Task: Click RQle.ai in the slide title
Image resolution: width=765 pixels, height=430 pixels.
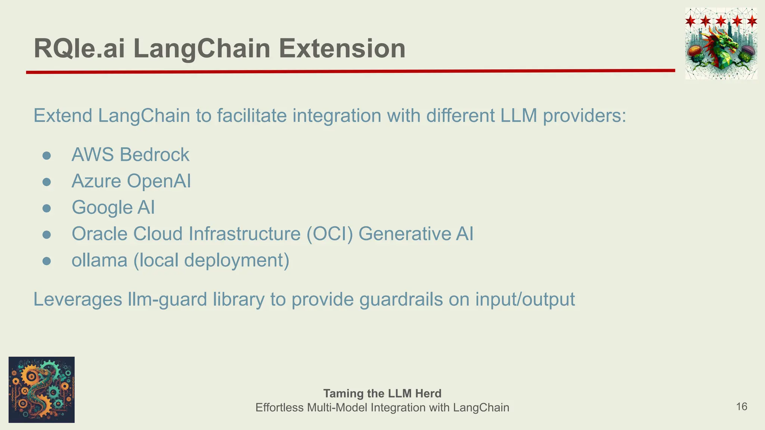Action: (79, 49)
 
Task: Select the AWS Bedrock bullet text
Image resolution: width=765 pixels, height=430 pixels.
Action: (130, 155)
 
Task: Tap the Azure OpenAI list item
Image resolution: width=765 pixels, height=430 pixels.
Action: (131, 181)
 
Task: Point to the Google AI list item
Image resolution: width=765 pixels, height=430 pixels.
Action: (113, 208)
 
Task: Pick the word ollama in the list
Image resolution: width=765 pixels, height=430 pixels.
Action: (99, 260)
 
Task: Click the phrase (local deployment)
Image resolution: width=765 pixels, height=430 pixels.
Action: (211, 260)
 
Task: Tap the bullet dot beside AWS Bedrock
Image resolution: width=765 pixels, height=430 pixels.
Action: (47, 155)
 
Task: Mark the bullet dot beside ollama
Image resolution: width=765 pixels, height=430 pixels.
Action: (47, 261)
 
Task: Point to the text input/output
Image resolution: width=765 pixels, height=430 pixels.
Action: (525, 299)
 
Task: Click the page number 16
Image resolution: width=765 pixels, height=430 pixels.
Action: (741, 406)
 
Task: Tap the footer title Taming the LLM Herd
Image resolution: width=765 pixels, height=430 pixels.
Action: (382, 393)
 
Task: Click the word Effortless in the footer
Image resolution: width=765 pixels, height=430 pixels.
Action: (279, 408)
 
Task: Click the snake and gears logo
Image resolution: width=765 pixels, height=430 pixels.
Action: (41, 390)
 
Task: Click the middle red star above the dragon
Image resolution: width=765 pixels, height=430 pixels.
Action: (721, 21)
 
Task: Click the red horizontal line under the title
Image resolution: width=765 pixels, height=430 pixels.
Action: (350, 71)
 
